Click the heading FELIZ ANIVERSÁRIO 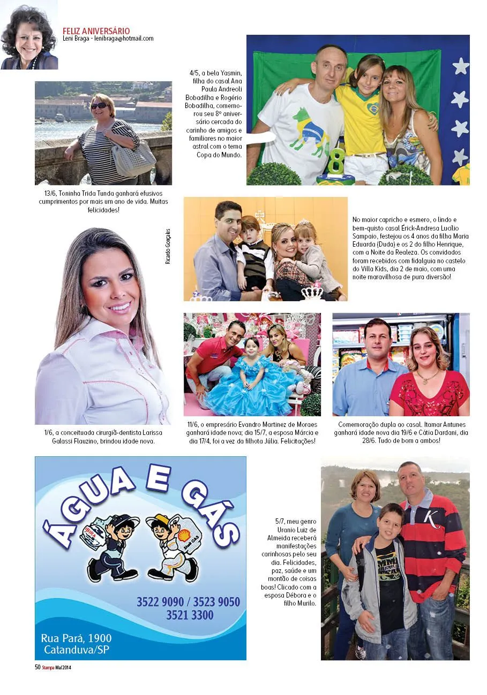click(96, 31)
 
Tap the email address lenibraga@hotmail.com click(124, 39)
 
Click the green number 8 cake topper click(336, 161)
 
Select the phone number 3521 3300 click(190, 615)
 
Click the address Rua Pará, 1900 click(76, 638)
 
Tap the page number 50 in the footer click(38, 667)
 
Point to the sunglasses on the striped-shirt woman click(99, 106)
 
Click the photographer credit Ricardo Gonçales click(168, 247)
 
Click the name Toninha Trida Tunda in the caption click(83, 194)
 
